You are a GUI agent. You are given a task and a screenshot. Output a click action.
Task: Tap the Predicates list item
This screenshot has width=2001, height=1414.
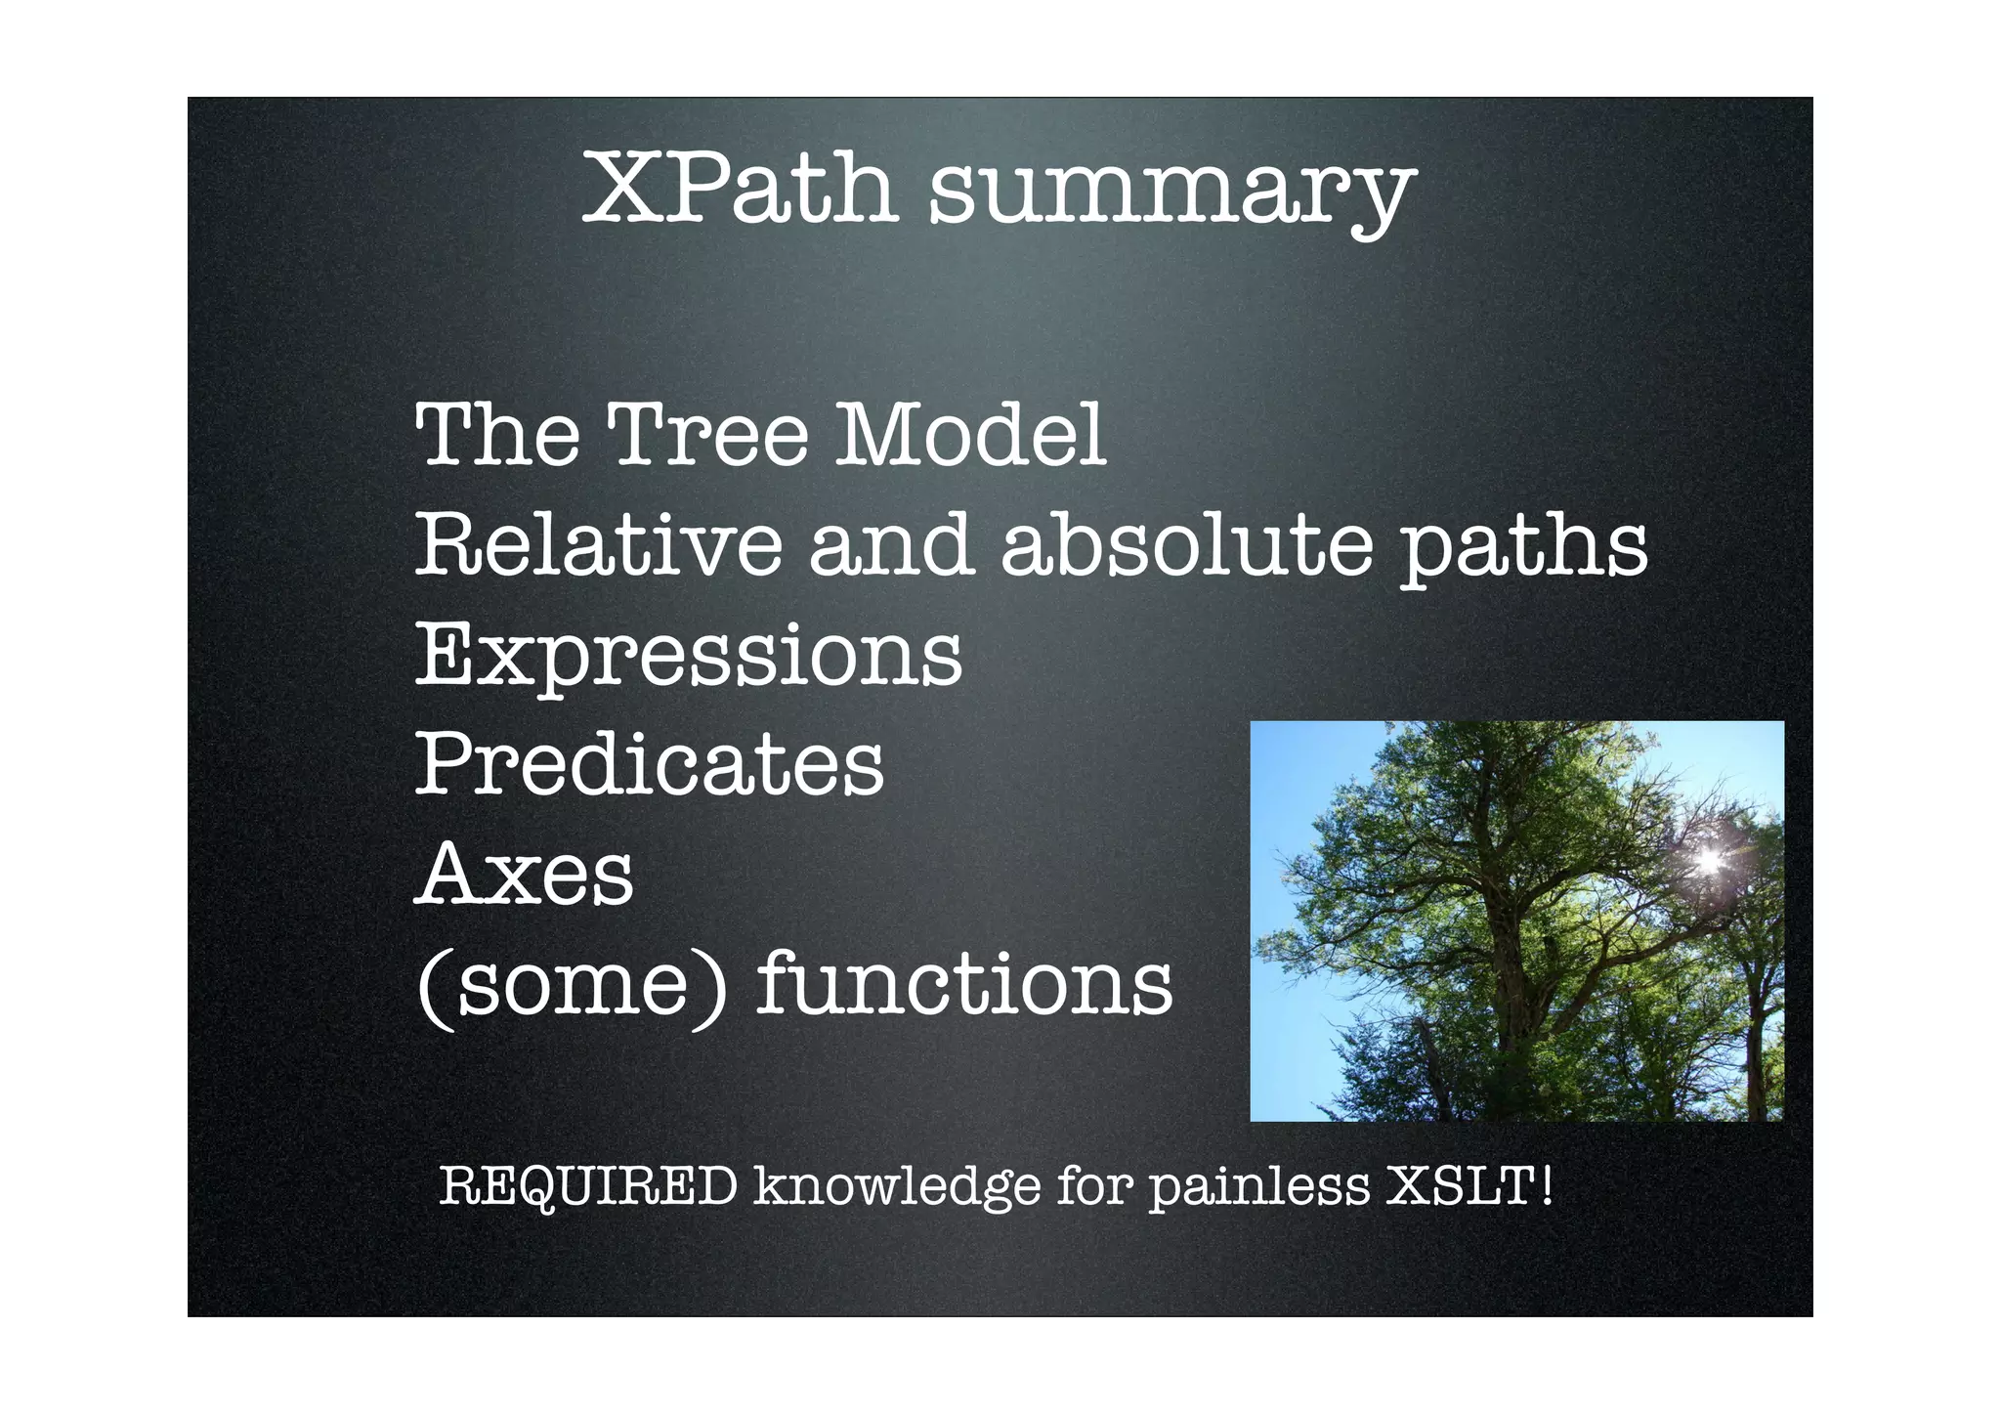click(650, 763)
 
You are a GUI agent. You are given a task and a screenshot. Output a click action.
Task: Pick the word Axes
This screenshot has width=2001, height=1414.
click(525, 874)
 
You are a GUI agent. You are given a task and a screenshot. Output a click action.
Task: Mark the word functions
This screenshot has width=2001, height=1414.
click(964, 982)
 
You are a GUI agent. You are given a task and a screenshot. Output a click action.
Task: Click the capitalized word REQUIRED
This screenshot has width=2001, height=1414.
click(588, 1187)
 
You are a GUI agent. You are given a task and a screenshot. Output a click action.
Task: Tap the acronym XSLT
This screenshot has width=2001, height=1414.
click(1461, 1186)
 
